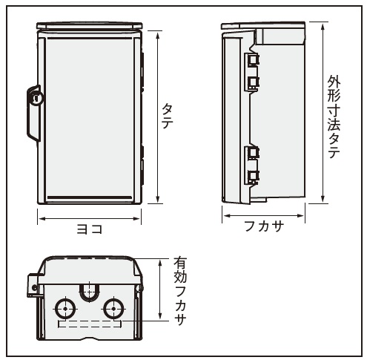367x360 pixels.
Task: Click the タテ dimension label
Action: point(167,117)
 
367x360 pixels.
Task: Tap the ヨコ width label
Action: point(90,229)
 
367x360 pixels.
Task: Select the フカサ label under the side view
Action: point(264,226)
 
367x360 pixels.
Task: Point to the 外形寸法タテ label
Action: point(334,117)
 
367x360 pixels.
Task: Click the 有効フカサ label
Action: point(179,291)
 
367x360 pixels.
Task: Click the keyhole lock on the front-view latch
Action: point(37,98)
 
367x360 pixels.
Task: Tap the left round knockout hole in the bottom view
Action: point(65,309)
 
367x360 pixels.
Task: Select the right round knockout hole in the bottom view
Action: point(113,309)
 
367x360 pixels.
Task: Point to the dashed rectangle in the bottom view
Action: point(89,324)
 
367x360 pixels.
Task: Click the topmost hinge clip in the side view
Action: point(252,60)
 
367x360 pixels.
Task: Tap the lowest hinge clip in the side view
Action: point(252,177)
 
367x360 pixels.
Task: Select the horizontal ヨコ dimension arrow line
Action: point(89,218)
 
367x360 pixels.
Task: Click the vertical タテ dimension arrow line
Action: point(158,117)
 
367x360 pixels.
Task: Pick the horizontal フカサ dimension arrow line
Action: point(263,215)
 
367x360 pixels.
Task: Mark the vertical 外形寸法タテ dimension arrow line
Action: point(323,113)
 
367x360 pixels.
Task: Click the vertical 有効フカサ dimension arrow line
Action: point(160,289)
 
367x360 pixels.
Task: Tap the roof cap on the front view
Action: point(90,25)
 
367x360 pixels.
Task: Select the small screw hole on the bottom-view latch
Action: point(34,287)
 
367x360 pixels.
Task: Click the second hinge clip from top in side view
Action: point(252,84)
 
